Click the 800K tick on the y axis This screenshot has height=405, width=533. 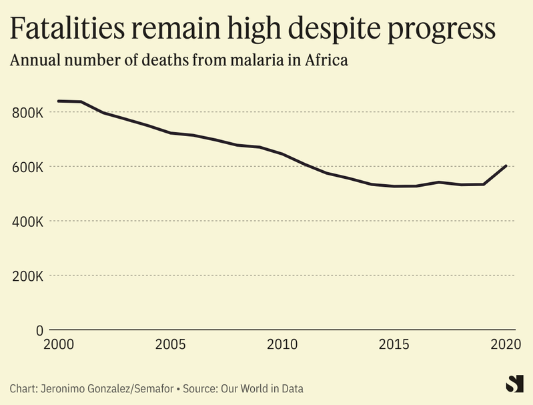coord(28,112)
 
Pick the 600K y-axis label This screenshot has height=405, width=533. coord(28,167)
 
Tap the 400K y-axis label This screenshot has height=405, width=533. coord(28,221)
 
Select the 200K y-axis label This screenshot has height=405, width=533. coord(28,276)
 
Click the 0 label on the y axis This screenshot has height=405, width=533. coord(39,330)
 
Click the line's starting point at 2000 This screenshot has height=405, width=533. coord(58,101)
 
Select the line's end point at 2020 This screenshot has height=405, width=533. coord(506,165)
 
